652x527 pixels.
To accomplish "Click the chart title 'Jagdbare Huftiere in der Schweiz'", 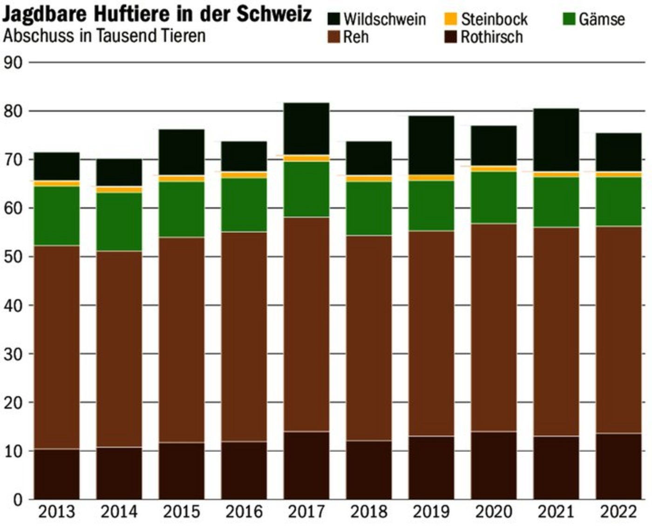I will tap(157, 14).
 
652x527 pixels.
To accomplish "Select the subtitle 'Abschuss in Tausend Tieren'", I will tap(104, 36).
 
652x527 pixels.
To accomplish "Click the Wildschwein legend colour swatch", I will tap(334, 19).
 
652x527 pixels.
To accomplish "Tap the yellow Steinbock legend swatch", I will tap(451, 19).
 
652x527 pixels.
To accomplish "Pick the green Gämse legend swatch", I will tap(569, 19).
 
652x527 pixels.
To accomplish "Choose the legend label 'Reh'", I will tap(356, 37).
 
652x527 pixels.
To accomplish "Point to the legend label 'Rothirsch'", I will tap(492, 37).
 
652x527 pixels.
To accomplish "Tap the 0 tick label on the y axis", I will tap(18, 500).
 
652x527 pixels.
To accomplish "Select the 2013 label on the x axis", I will tap(56, 512).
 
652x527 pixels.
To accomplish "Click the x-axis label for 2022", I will tap(618, 512).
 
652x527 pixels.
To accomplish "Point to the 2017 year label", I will tap(306, 512).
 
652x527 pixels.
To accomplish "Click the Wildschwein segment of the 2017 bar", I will tap(306, 129).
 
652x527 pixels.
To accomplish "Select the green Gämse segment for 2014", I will tap(119, 222).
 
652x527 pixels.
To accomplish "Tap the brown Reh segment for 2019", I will tap(431, 333).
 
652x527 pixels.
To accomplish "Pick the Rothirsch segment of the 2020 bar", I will tap(493, 465).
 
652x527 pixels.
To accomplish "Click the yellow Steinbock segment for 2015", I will tap(181, 178).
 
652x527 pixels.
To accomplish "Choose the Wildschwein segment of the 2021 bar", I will tap(556, 140).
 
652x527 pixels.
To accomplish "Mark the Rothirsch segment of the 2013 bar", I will tap(56, 474).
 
